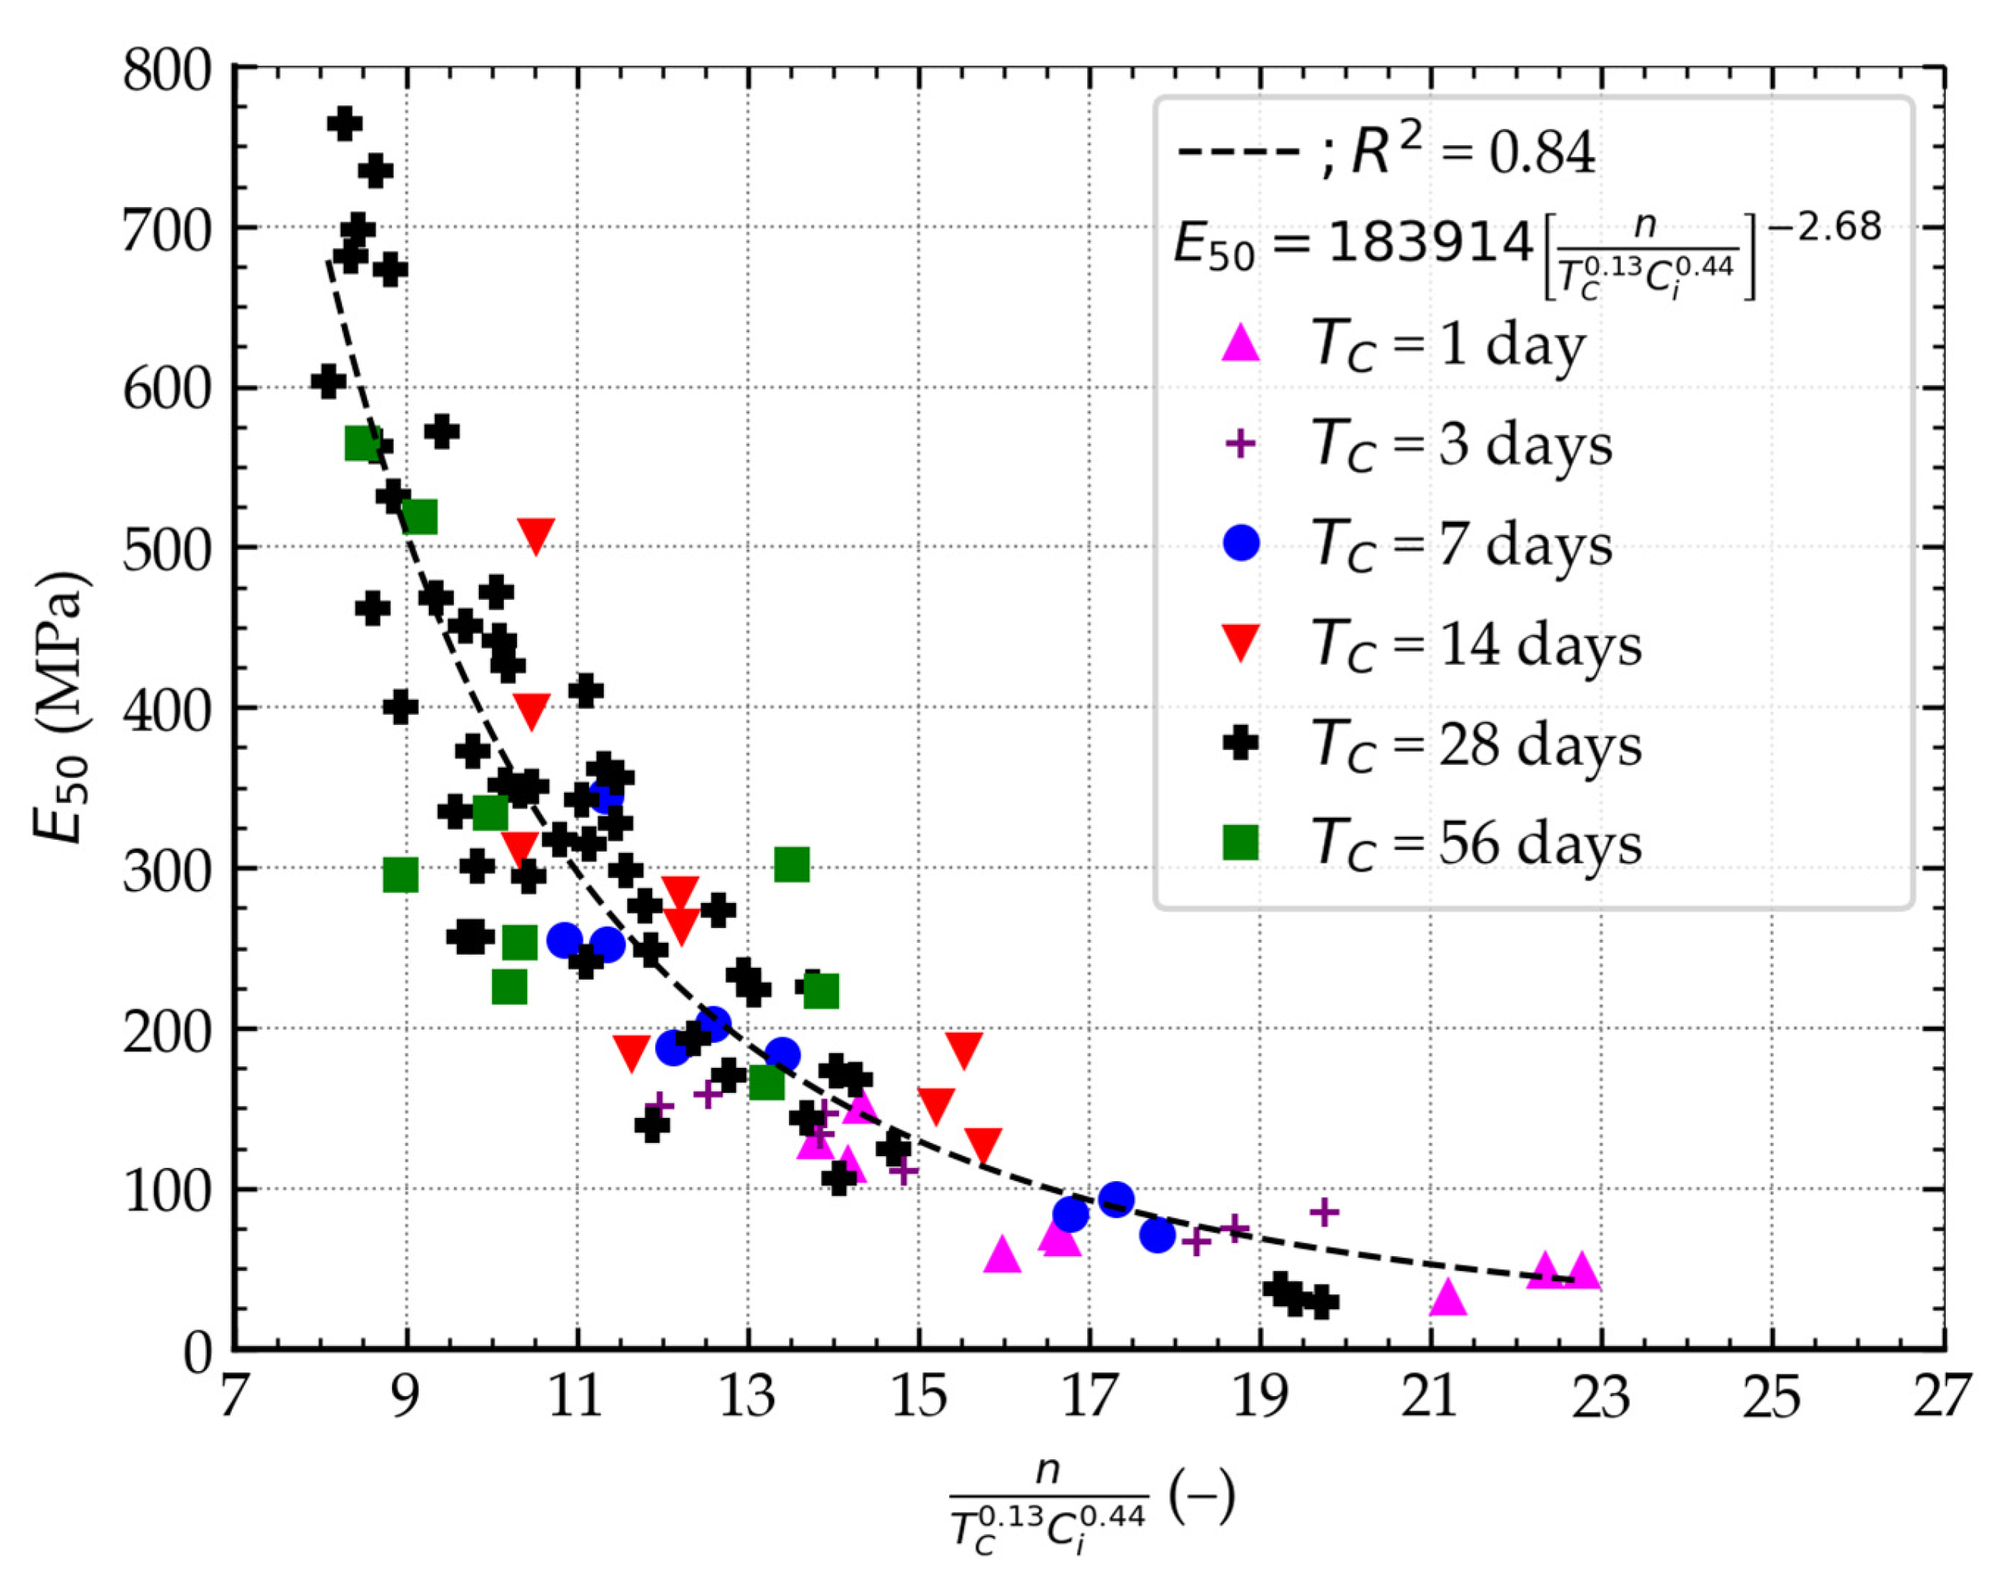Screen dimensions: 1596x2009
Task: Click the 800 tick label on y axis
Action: tap(169, 73)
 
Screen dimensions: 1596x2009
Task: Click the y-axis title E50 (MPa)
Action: tap(62, 708)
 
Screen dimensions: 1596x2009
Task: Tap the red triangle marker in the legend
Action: tap(1240, 643)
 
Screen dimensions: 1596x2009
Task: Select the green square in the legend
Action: tap(1240, 842)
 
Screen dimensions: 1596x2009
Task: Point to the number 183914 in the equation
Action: tap(1430, 244)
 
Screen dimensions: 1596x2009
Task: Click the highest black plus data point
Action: tap(344, 124)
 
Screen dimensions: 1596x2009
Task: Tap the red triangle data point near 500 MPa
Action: tap(536, 535)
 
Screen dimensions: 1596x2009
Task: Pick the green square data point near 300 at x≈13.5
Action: tap(792, 866)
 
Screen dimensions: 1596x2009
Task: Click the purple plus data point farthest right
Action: tap(1324, 1213)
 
